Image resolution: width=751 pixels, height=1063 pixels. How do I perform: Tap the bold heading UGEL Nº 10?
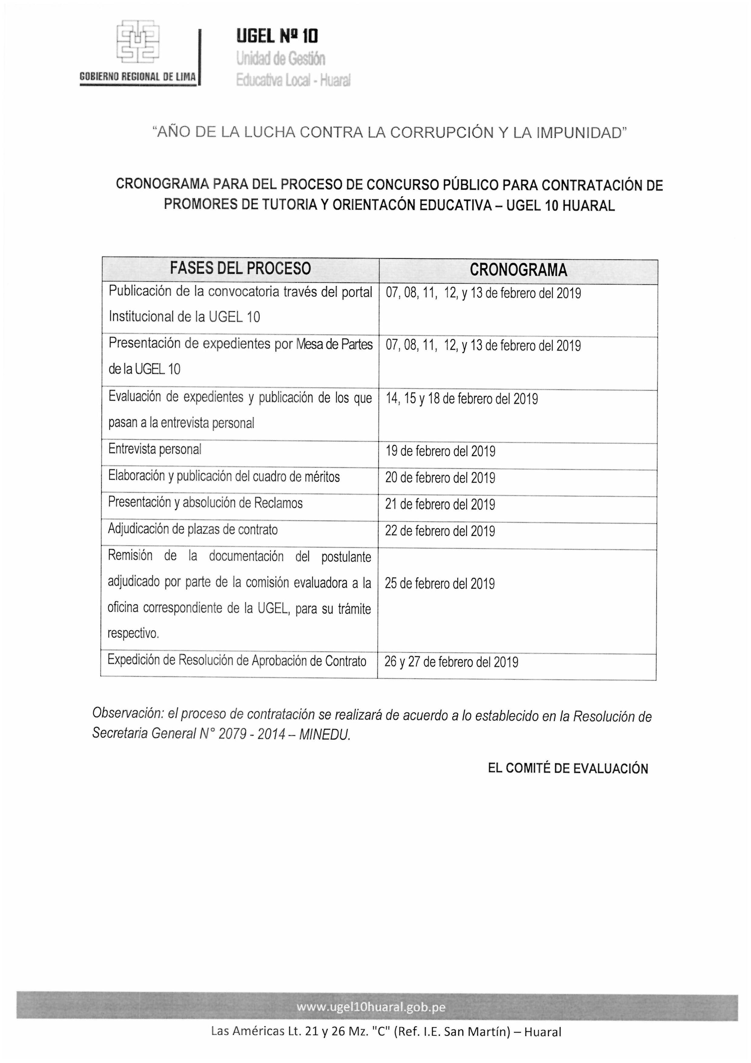[x=277, y=36]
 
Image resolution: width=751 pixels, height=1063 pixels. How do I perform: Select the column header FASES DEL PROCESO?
[x=240, y=268]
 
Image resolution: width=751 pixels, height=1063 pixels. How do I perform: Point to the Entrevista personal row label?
[x=154, y=449]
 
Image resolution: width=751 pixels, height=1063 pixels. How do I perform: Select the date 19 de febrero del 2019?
[x=440, y=451]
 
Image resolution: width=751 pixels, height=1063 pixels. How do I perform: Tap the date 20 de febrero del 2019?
[x=440, y=477]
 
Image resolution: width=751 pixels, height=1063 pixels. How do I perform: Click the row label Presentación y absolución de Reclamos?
[x=205, y=503]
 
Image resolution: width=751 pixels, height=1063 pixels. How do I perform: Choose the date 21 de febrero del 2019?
[x=440, y=504]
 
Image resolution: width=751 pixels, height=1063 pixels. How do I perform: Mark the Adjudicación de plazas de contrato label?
[x=193, y=529]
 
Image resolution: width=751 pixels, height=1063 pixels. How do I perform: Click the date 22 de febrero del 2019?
[x=440, y=531]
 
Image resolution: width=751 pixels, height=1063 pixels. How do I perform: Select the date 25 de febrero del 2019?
[x=440, y=583]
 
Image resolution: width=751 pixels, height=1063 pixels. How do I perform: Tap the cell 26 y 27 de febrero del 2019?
[x=451, y=662]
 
